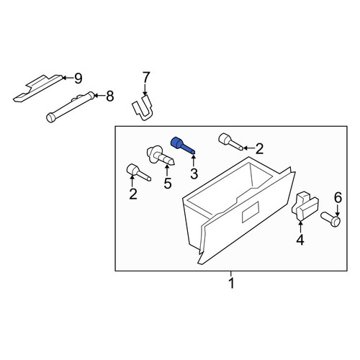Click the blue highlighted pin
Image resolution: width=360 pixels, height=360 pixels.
[182, 146]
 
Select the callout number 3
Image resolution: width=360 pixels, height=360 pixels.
[194, 174]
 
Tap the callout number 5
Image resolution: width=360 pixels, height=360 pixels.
[168, 184]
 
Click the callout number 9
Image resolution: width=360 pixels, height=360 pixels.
[78, 78]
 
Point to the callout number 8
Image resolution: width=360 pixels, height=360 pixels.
[109, 96]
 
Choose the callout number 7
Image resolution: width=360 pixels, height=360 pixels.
[146, 77]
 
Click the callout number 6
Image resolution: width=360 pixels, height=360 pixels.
[338, 198]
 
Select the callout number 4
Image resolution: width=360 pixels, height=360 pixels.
[300, 240]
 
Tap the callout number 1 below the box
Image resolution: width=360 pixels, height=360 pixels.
[231, 284]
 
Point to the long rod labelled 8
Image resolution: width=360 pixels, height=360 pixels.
[70, 107]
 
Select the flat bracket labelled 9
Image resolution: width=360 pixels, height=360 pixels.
[38, 88]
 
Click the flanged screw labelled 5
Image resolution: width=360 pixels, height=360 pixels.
[160, 156]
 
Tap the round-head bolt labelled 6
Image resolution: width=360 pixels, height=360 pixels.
[330, 219]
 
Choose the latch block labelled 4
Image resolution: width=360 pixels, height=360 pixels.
[305, 206]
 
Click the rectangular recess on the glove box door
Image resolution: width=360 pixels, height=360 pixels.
[251, 212]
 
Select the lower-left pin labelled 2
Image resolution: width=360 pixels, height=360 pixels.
[138, 173]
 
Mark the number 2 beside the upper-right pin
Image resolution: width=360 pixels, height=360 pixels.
[259, 149]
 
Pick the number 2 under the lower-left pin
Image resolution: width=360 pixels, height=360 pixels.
[133, 194]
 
